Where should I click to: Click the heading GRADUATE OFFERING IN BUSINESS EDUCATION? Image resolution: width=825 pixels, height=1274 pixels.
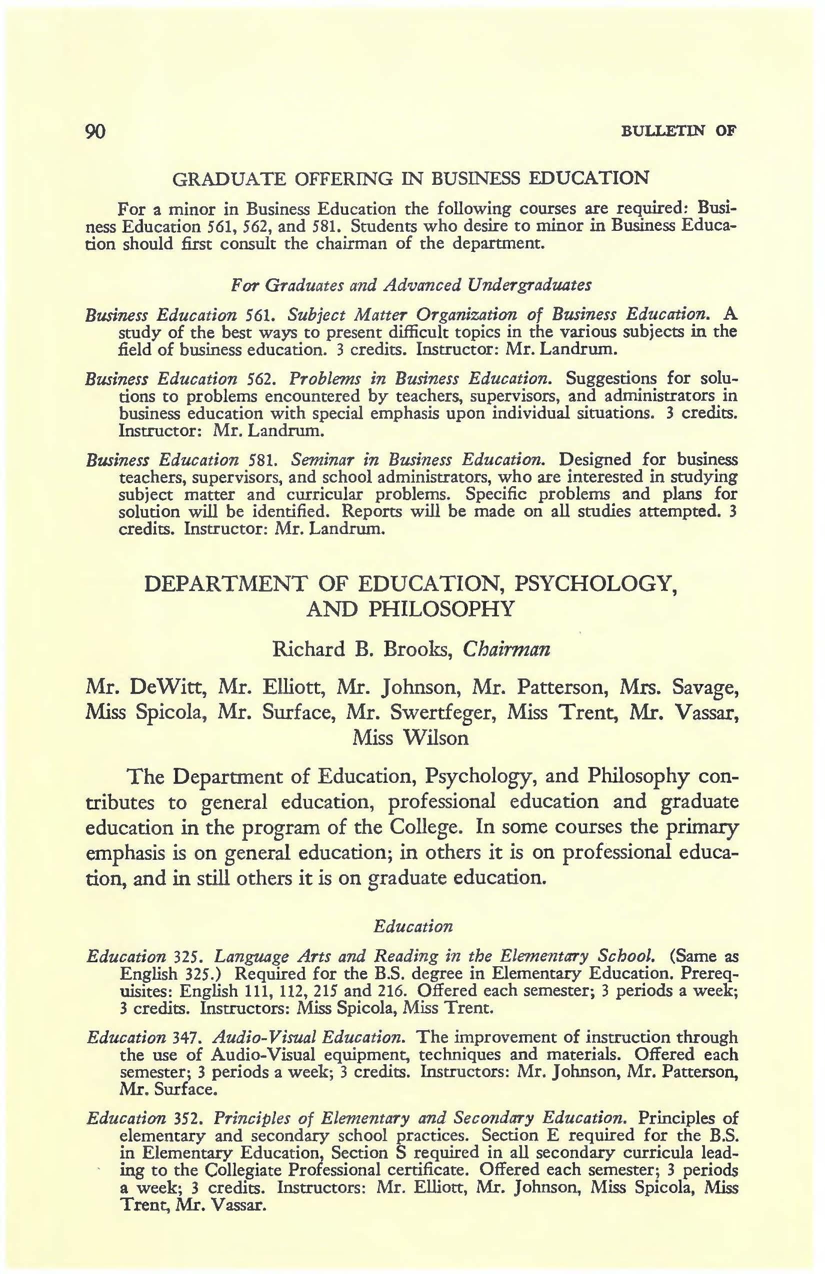(x=410, y=178)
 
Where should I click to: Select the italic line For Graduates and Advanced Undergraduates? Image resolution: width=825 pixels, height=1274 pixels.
(x=411, y=285)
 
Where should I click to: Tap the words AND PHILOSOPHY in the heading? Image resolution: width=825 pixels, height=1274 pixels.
(x=410, y=609)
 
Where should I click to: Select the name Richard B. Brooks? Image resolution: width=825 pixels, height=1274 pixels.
(x=364, y=650)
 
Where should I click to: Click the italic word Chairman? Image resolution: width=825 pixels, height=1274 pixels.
(x=505, y=650)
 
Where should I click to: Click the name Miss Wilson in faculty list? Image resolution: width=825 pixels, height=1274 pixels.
(x=410, y=738)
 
